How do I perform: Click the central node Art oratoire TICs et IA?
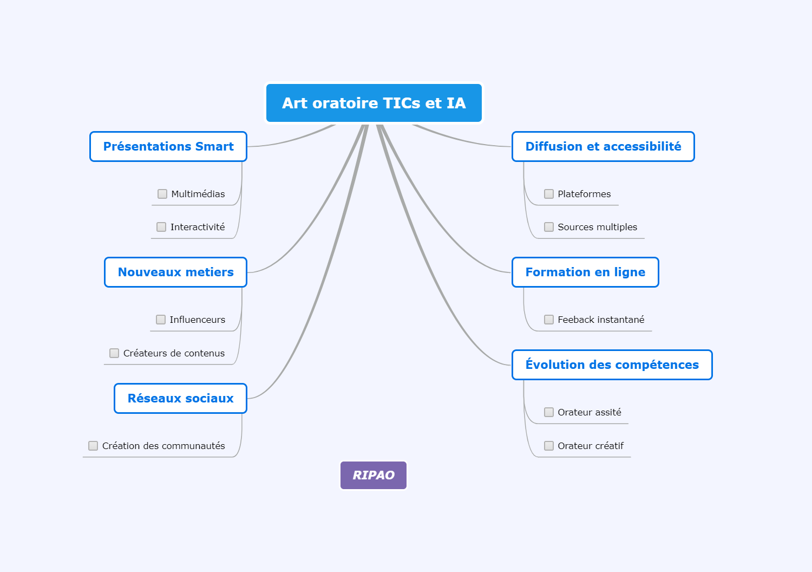pos(374,103)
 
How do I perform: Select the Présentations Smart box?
pos(168,147)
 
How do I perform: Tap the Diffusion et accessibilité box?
pos(603,147)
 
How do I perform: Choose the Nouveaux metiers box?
pos(175,272)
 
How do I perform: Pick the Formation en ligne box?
pos(585,272)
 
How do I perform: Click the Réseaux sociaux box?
pos(180,398)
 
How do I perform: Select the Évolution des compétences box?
pos(612,365)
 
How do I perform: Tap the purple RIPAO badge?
pos(374,475)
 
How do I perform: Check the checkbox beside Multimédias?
pos(162,194)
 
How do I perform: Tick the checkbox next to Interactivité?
pos(161,227)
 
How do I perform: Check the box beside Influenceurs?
pos(161,320)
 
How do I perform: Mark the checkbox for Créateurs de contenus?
pos(114,353)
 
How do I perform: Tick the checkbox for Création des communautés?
pos(93,445)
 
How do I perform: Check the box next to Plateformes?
pos(549,194)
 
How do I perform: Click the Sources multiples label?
pos(598,227)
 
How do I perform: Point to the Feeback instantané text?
pos(601,320)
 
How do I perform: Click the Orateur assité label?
pos(590,412)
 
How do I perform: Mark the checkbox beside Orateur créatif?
pos(549,445)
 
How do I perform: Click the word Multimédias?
pos(198,194)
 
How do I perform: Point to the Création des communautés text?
pos(163,445)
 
